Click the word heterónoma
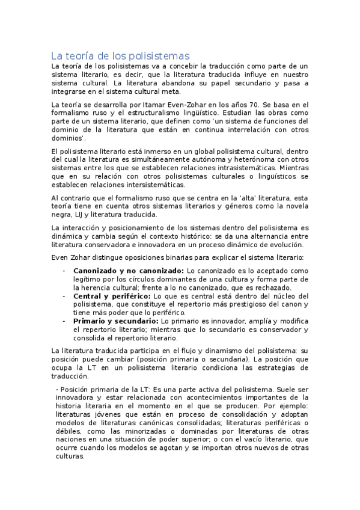[x=248, y=159]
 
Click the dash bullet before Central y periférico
[x=64, y=296]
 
